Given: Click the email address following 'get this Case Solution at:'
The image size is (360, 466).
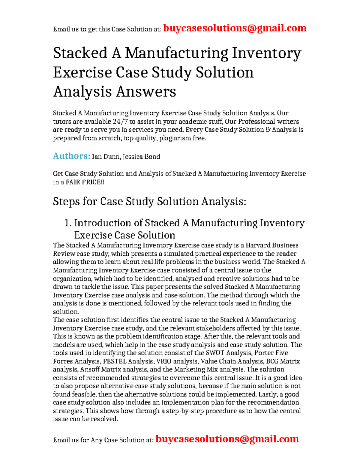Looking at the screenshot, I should (x=235, y=28).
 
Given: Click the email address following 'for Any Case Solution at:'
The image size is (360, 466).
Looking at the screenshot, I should (x=227, y=439).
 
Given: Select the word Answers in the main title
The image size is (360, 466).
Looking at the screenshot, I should (x=146, y=92).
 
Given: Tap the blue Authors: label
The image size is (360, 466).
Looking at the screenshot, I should (x=71, y=156).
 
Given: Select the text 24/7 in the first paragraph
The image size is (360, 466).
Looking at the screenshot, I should (x=120, y=122).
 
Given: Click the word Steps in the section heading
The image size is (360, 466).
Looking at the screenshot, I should (x=66, y=201).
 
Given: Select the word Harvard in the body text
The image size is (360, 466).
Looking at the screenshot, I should (x=258, y=245).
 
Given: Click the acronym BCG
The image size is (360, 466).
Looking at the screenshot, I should (x=272, y=361).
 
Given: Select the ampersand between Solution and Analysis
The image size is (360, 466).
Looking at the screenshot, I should (x=268, y=130).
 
